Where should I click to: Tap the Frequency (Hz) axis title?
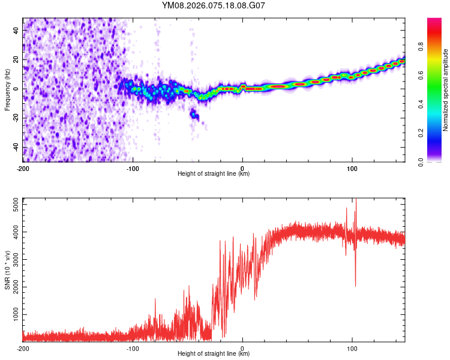tap(7, 90)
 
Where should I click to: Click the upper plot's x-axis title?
tap(214, 174)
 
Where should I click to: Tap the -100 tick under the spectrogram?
tap(133, 168)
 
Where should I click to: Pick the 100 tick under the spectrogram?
tap(352, 168)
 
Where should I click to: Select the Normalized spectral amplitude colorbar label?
tap(446, 90)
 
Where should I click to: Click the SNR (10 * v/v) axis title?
tap(7, 270)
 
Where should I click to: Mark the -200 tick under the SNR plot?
tap(23, 349)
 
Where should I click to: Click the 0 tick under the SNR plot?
tap(242, 349)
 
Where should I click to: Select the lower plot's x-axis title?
tap(214, 355)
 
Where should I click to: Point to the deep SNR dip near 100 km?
tap(356, 284)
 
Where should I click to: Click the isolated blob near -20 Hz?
tap(194, 115)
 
